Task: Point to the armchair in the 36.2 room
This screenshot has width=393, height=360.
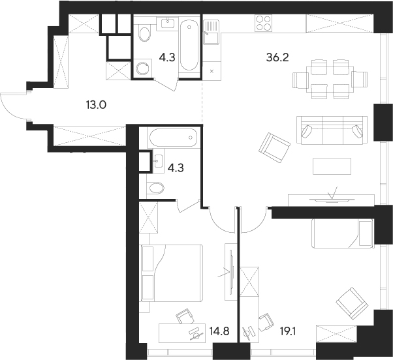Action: pyautogui.click(x=274, y=147)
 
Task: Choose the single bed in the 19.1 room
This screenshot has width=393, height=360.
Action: pyautogui.click(x=341, y=233)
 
